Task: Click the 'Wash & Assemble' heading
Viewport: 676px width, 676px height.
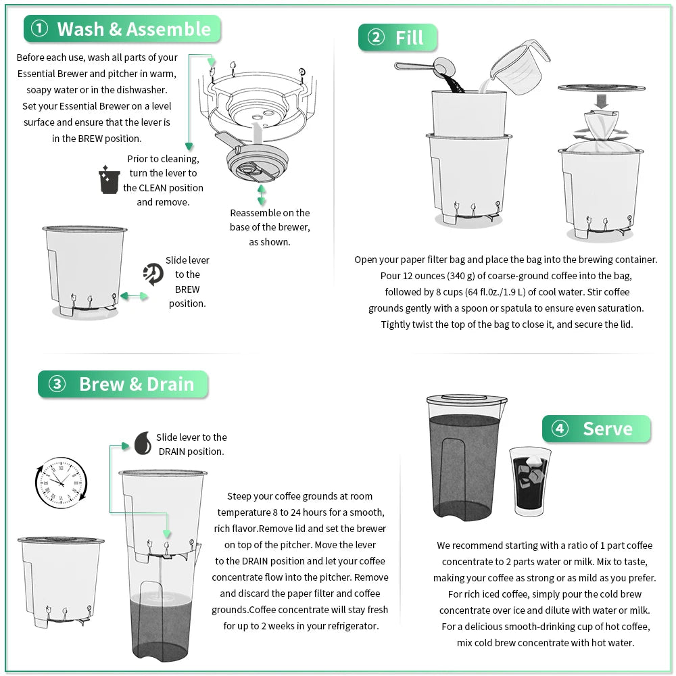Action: point(133,29)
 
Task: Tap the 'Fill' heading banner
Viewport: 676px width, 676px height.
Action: point(409,38)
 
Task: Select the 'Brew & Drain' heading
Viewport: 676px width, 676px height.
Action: point(136,384)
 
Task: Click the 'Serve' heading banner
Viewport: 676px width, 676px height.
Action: point(607,429)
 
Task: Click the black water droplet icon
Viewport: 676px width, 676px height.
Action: point(143,443)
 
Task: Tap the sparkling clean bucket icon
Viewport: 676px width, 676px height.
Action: point(109,180)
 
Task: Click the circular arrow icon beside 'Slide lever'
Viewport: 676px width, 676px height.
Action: point(153,274)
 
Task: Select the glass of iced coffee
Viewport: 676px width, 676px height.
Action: point(529,481)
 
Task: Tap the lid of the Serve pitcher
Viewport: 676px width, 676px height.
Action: point(466,400)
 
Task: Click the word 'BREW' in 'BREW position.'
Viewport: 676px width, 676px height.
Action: point(187,289)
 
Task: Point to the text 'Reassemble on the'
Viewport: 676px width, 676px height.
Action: point(270,212)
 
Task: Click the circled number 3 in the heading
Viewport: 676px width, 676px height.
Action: point(57,384)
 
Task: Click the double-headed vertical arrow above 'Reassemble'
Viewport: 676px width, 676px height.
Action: point(262,195)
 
